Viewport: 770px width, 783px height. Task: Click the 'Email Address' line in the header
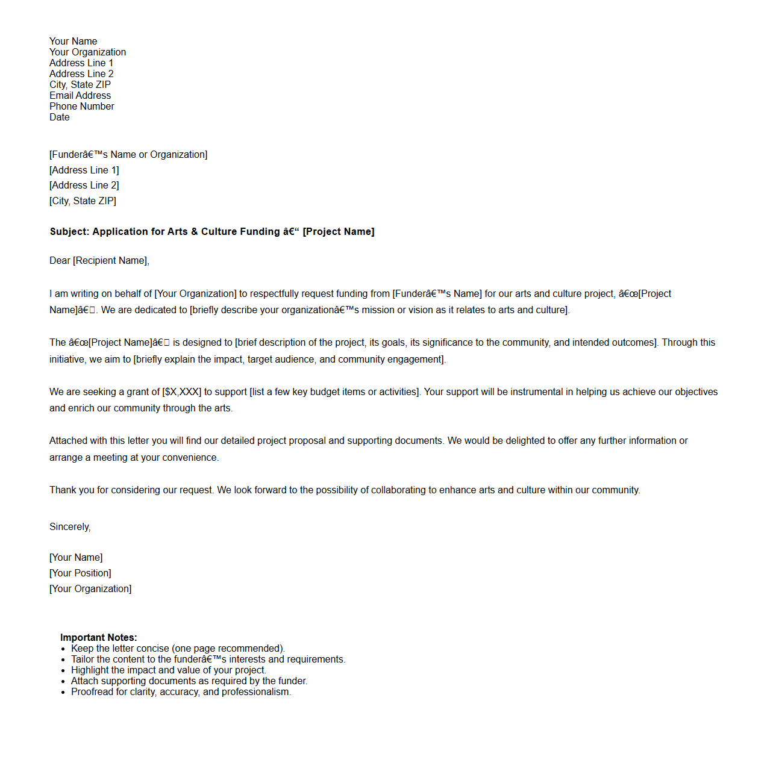tap(80, 96)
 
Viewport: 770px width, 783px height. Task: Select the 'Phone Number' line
tap(81, 107)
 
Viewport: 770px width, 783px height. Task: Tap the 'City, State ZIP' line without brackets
tap(80, 85)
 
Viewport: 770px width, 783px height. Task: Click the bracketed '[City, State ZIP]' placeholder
tap(83, 201)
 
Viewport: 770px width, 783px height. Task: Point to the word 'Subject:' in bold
tap(69, 232)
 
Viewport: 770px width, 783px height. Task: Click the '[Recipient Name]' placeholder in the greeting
tap(111, 261)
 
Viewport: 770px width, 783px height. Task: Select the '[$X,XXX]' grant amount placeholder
tap(182, 392)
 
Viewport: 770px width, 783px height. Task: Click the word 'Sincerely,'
tap(70, 527)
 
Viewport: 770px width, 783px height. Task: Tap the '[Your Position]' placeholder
tap(80, 573)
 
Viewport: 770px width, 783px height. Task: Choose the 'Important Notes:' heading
tap(98, 638)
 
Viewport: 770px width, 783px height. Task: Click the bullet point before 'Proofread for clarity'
tap(63, 693)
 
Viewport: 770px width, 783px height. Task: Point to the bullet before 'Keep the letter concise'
tap(63, 649)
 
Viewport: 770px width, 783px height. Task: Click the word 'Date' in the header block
tap(59, 117)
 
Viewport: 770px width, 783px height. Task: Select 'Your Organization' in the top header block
tap(87, 52)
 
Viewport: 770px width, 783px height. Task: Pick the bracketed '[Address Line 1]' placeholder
tap(84, 170)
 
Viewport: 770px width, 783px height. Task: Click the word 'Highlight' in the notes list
tap(90, 670)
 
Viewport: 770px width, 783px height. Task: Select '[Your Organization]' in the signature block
tap(90, 589)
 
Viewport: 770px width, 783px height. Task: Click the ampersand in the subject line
tap(194, 232)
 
